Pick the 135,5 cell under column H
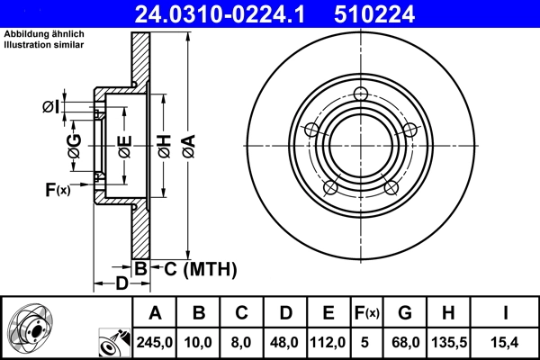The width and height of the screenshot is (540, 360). [448, 341]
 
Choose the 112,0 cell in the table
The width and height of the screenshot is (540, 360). [328, 341]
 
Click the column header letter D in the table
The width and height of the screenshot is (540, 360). [285, 313]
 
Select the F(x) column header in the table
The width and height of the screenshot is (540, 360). [366, 313]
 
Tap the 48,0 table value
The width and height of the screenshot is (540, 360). [285, 341]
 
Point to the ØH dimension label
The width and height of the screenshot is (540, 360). [164, 146]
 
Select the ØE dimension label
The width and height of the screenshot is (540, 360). [124, 146]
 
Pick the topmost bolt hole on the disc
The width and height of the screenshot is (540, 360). [360, 95]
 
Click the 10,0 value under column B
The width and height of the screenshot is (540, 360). [199, 341]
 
